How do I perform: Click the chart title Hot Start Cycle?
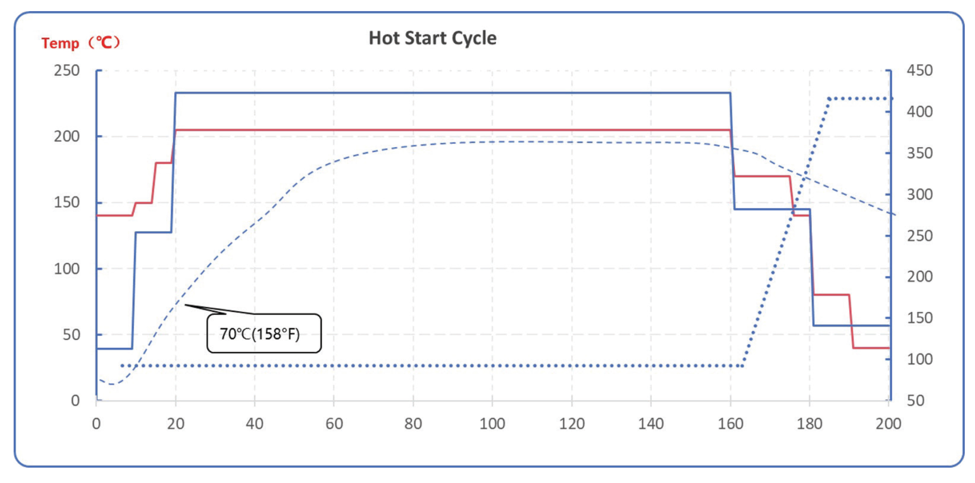click(432, 38)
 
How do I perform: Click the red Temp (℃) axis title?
click(80, 43)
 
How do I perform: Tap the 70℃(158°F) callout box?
click(264, 334)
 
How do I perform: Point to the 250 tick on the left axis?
click(66, 70)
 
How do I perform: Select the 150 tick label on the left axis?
click(66, 202)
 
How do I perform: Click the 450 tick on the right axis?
click(919, 70)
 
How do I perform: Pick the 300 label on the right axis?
click(919, 194)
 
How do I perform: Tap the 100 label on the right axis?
click(919, 359)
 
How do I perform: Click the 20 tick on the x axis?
click(176, 423)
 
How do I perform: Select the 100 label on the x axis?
click(492, 423)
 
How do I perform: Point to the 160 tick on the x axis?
click(730, 423)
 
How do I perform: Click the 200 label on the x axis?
click(888, 423)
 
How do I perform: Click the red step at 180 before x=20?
click(163, 163)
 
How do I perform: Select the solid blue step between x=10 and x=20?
click(153, 232)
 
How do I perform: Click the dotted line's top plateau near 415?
click(860, 99)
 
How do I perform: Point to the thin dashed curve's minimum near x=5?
click(112, 384)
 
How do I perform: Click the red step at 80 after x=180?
click(832, 295)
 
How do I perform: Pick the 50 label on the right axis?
click(915, 401)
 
